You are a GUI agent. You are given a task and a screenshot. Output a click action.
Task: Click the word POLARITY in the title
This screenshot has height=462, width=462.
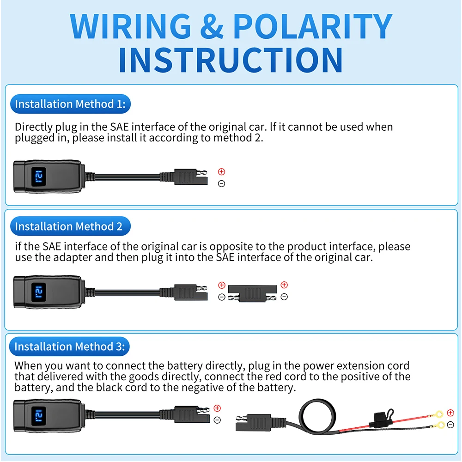pyautogui.click(x=313, y=26)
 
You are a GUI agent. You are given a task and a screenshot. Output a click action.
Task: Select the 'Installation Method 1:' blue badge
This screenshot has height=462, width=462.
pyautogui.click(x=70, y=104)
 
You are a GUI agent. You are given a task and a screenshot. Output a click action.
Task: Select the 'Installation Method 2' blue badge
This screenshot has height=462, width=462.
pyautogui.click(x=70, y=226)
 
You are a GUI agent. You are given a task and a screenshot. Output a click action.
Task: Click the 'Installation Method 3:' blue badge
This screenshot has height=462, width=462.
pyautogui.click(x=70, y=346)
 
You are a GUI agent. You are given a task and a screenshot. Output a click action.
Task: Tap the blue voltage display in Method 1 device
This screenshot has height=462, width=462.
pyautogui.click(x=39, y=177)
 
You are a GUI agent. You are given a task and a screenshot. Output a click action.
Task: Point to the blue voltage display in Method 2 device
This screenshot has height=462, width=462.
pyautogui.click(x=39, y=292)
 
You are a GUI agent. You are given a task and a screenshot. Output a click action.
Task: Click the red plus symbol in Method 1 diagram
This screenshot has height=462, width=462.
pyautogui.click(x=222, y=172)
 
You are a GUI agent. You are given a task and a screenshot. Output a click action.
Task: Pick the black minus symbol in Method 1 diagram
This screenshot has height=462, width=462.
pyautogui.click(x=222, y=183)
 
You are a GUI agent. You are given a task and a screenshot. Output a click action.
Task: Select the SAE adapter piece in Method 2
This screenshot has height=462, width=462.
pyautogui.click(x=253, y=293)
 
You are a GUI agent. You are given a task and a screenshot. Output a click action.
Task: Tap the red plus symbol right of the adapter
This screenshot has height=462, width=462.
pyautogui.click(x=284, y=285)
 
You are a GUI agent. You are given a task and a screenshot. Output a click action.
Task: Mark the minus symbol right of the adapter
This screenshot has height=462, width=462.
pyautogui.click(x=284, y=297)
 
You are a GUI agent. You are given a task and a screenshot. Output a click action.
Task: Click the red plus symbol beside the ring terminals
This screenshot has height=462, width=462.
pyautogui.click(x=450, y=413)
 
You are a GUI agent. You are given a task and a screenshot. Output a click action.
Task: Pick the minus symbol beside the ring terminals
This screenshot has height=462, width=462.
pyautogui.click(x=450, y=425)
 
